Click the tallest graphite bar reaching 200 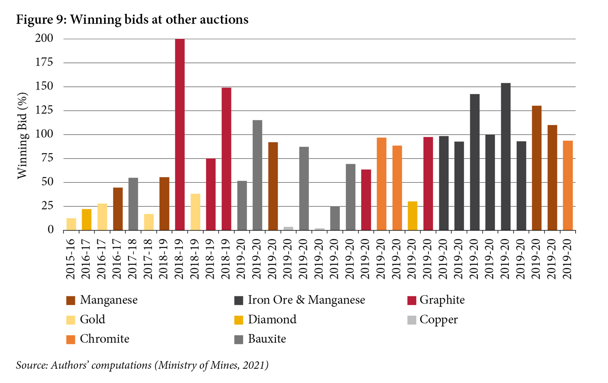180,135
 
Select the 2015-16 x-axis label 71,259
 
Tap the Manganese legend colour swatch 71,300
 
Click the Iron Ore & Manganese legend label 306,300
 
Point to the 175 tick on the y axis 44,62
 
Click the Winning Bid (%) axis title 22,135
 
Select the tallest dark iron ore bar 505,157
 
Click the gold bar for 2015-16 71,224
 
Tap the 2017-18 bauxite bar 133,204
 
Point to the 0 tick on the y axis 50,230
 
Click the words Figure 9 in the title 41,19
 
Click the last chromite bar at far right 567,186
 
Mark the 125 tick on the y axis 44,110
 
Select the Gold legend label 92,320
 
